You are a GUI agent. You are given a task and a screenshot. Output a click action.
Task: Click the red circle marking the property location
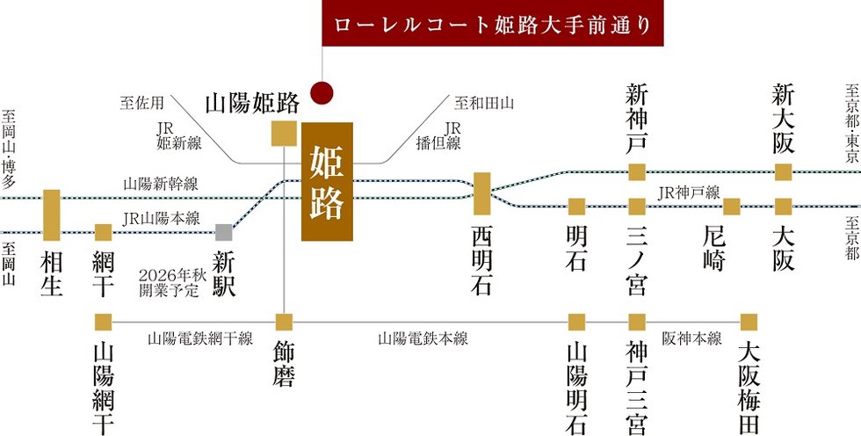pyautogui.click(x=322, y=93)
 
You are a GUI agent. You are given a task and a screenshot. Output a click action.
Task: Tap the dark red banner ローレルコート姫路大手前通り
pyautogui.click(x=492, y=23)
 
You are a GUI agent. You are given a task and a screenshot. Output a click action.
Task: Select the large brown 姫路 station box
pyautogui.click(x=327, y=182)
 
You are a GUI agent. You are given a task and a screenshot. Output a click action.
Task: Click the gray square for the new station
pyautogui.click(x=223, y=232)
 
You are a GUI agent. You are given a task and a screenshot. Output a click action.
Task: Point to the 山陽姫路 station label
pyautogui.click(x=253, y=103)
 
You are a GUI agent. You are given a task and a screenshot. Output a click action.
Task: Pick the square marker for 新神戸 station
pyautogui.click(x=637, y=172)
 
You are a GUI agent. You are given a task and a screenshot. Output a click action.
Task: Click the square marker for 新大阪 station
pyautogui.click(x=783, y=172)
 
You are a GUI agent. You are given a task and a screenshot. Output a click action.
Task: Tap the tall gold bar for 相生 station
pyautogui.click(x=52, y=215)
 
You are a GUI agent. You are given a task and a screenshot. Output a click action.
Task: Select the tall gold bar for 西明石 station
pyautogui.click(x=481, y=194)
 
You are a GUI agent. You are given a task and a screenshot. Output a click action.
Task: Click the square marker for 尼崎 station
pyautogui.click(x=731, y=207)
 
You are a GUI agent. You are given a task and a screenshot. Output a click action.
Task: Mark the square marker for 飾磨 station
pyautogui.click(x=284, y=322)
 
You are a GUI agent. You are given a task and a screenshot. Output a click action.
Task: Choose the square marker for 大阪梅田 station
pyautogui.click(x=749, y=322)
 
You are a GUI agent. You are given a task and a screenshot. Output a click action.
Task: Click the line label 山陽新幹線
pyautogui.click(x=160, y=184)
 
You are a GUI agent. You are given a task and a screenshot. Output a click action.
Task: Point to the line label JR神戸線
pyautogui.click(x=688, y=193)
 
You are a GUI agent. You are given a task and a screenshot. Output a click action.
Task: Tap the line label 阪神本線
pyautogui.click(x=692, y=338)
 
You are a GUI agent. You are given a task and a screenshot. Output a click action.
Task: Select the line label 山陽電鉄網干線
pyautogui.click(x=200, y=338)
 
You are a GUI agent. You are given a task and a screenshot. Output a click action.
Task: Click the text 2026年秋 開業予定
pyautogui.click(x=168, y=283)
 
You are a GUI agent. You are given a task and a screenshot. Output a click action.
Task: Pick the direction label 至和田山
pyautogui.click(x=484, y=103)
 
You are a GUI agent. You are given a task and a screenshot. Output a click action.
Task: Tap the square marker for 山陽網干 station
pyautogui.click(x=104, y=322)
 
